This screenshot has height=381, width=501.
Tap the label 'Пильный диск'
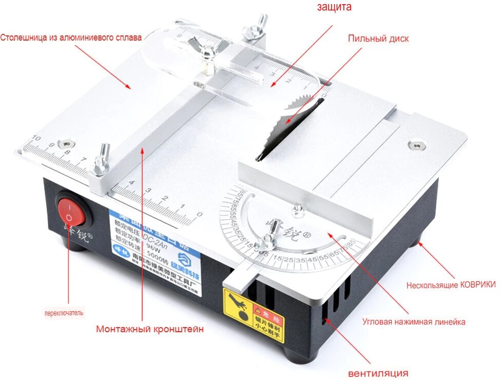[378, 39]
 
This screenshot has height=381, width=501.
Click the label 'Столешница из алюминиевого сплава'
[70, 37]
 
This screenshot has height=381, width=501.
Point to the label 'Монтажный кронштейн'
[149, 329]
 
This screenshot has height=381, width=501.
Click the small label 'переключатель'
[64, 312]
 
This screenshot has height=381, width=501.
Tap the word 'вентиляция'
[378, 373]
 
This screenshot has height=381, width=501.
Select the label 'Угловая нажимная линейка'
[414, 322]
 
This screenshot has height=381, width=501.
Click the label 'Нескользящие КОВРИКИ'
[451, 285]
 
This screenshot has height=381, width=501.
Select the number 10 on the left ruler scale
[35, 138]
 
